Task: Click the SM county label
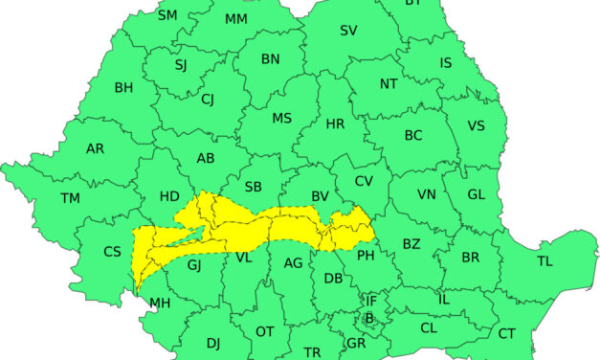(167, 15)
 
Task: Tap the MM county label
(236, 19)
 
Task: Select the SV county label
(348, 31)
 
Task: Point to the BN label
(271, 59)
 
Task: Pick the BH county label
(123, 88)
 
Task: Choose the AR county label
(96, 149)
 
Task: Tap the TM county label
(70, 198)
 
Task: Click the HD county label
(169, 196)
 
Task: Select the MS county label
(281, 119)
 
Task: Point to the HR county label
(335, 124)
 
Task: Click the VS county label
(476, 125)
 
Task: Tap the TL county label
(544, 260)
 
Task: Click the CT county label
(506, 333)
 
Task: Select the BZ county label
(411, 244)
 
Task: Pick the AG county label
(294, 262)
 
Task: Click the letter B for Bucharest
(368, 318)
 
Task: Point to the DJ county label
(212, 343)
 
